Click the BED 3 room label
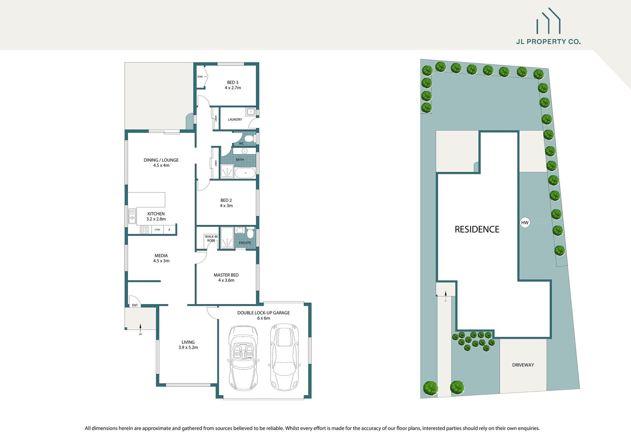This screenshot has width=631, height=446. pos(233,85)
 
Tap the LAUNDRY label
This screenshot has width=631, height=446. pos(235,120)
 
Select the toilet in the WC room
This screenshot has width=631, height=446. pos(249,138)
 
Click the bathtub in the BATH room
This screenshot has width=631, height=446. pos(245,173)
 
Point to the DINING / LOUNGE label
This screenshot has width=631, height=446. pos(161,163)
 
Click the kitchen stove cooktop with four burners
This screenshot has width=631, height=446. pos(144,230)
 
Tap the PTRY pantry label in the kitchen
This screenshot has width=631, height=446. pos(157,230)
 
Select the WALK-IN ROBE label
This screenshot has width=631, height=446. pos(211,238)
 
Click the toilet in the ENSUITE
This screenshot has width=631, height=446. pos(250,233)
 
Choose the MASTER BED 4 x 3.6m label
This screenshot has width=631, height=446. pos(226,278)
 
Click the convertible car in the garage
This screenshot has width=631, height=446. pos(243,358)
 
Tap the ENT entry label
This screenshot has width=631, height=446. pos(135,305)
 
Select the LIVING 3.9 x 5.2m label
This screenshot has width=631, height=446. pos(188,345)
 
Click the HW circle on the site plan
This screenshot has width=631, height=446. pos(525,223)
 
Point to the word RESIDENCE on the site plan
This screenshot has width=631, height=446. pos(477,229)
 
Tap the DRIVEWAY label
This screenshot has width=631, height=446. pos(523,365)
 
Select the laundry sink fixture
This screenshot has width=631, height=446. pos(251,112)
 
